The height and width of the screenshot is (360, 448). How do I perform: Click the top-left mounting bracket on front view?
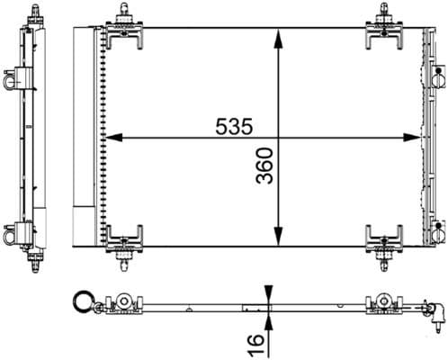tap(121, 31)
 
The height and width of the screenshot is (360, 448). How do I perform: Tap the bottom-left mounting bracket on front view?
tap(121, 241)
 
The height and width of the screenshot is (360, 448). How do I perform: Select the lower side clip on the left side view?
tap(12, 232)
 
